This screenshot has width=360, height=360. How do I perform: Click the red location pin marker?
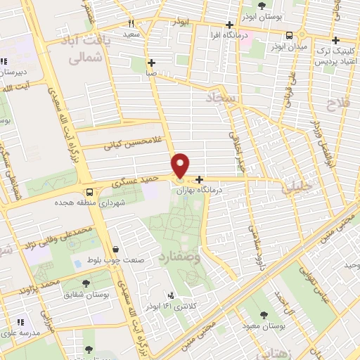click(x=181, y=165)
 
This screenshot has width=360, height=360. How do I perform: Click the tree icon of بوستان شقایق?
click(x=86, y=283)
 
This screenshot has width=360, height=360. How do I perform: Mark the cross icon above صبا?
click(x=151, y=63)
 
